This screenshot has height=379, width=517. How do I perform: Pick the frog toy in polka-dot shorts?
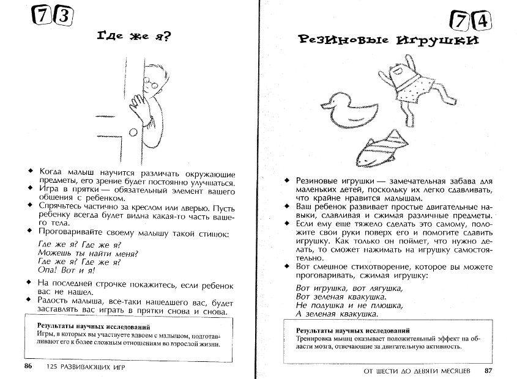[x=409, y=82]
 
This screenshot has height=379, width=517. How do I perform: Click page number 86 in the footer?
[x=28, y=366]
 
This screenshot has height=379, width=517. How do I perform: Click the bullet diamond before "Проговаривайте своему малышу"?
[x=29, y=232]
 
